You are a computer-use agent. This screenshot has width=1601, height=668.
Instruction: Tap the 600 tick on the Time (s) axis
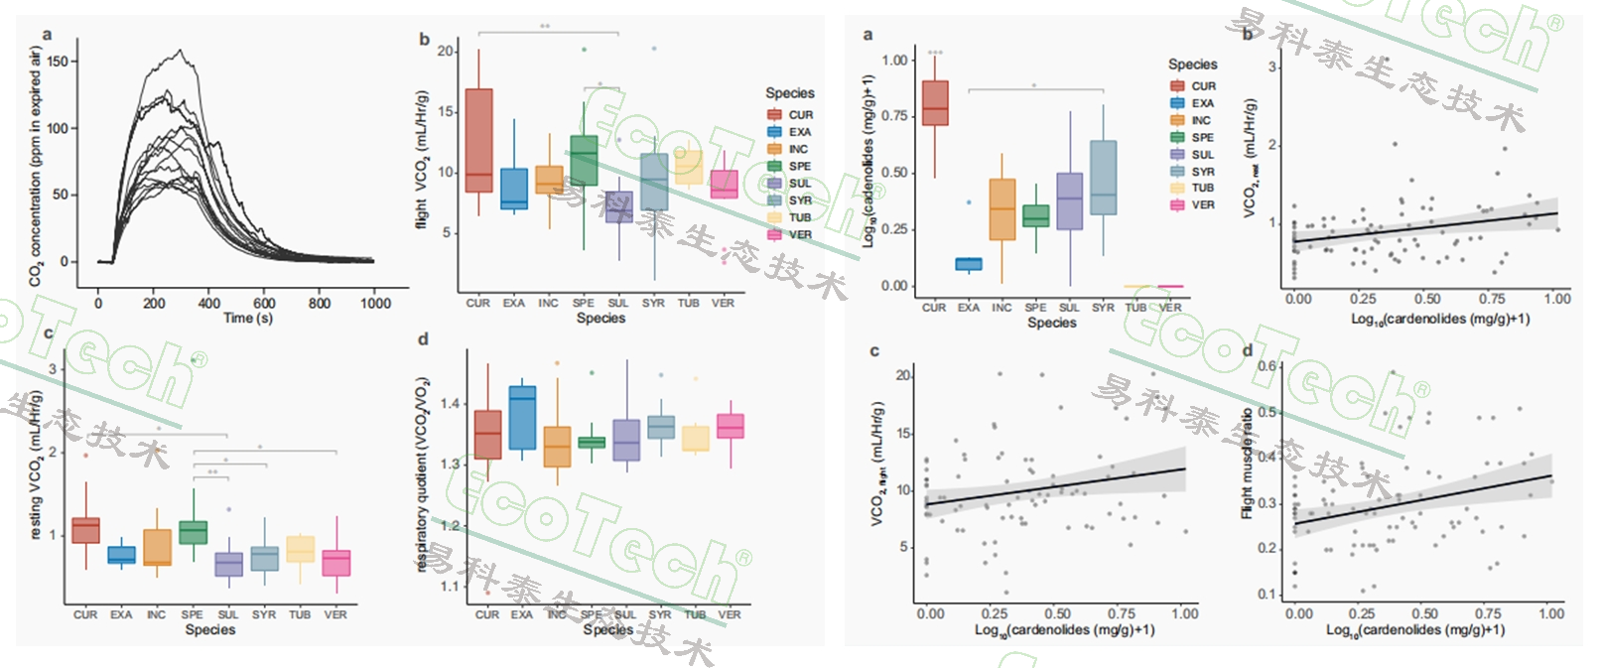tap(264, 303)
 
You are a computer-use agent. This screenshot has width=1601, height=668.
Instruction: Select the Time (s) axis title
tap(248, 318)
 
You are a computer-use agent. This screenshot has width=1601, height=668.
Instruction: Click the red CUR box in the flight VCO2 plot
tap(478, 140)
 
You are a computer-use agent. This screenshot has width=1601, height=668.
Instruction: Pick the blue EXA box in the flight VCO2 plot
tap(513, 188)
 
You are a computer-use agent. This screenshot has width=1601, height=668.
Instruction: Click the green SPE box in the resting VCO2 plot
tap(193, 532)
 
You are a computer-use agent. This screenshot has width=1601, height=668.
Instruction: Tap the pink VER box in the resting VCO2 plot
tap(335, 563)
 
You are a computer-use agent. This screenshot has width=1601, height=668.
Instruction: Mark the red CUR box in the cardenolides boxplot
tap(935, 103)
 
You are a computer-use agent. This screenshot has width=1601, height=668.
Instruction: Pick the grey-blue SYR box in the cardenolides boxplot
tap(1103, 178)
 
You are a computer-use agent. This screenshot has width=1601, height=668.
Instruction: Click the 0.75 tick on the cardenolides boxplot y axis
tap(894, 116)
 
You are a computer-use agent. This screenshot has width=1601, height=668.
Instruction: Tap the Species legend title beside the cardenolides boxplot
tap(1192, 64)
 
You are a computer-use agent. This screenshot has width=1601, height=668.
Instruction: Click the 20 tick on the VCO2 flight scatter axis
tap(903, 376)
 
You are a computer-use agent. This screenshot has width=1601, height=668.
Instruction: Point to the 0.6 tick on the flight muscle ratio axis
tap(1267, 366)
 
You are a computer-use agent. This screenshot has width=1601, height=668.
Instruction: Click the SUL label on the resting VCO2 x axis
tap(228, 614)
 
